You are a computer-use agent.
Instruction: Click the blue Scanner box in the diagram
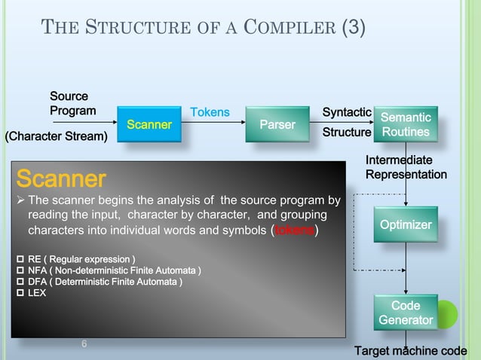click(x=149, y=124)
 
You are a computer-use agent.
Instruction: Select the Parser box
click(x=277, y=124)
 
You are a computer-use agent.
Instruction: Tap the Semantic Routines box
click(x=406, y=125)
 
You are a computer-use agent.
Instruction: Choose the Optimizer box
click(x=406, y=225)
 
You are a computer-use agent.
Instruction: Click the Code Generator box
click(x=406, y=313)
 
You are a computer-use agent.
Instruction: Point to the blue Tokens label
click(x=210, y=112)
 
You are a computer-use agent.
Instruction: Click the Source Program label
click(x=72, y=104)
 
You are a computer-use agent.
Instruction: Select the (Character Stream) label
click(x=57, y=136)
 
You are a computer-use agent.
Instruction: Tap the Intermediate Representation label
click(x=406, y=167)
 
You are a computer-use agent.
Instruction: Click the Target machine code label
click(x=411, y=351)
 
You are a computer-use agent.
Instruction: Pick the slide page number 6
click(x=84, y=344)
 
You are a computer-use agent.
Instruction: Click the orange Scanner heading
click(x=61, y=179)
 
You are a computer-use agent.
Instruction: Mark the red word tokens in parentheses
click(x=294, y=230)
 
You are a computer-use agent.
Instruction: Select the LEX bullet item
click(x=32, y=293)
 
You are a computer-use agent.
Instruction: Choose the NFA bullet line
click(x=109, y=270)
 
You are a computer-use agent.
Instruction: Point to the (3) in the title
click(x=353, y=29)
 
